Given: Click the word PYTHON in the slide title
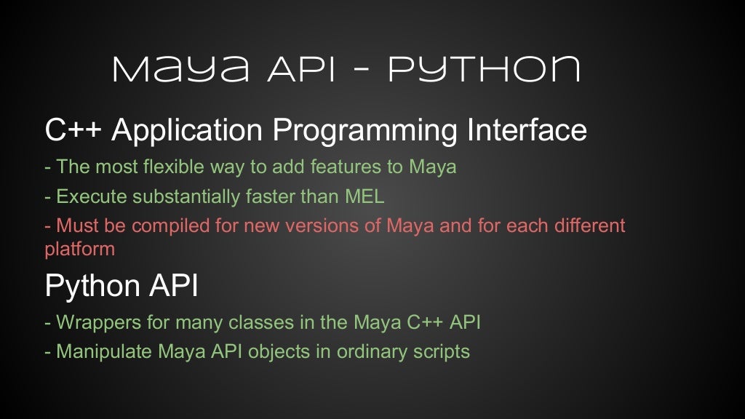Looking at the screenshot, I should [x=484, y=70].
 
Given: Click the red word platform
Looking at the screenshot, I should [x=79, y=250].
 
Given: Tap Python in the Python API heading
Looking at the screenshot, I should [x=88, y=287].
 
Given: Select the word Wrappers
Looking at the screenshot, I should [x=92, y=322].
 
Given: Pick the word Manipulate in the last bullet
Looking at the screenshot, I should [x=98, y=351].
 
